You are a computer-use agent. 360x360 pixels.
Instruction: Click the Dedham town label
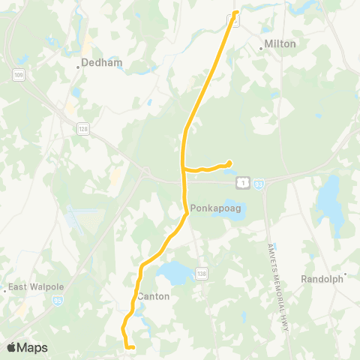tap(100, 62)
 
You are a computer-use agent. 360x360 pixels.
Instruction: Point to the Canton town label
tap(154, 296)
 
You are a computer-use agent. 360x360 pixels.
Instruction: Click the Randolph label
tap(321, 278)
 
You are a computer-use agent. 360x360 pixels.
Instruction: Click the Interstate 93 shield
tap(258, 182)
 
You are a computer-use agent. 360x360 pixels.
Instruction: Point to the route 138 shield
tap(202, 271)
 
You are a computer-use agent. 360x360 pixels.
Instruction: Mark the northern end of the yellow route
tap(235, 13)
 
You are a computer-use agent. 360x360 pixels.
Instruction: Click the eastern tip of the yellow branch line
tap(229, 163)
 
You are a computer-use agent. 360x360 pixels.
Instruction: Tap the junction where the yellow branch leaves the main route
tap(184, 169)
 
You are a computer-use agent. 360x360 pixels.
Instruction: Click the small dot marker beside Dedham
tap(78, 67)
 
